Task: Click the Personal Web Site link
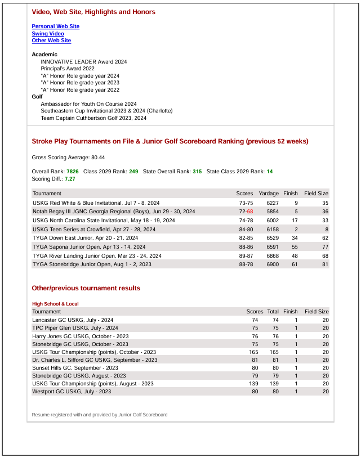click(55, 26)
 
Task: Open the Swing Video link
click(48, 34)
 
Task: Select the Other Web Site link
click(51, 41)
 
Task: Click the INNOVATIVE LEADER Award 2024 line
click(83, 61)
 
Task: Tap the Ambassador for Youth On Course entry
click(88, 104)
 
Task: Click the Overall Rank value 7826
click(73, 171)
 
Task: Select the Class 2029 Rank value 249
click(133, 171)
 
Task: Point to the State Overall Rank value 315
click(197, 171)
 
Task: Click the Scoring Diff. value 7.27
click(70, 178)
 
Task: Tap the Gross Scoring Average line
click(68, 158)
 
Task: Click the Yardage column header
click(269, 194)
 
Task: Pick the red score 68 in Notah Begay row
click(250, 212)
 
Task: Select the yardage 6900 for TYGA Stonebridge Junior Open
click(273, 264)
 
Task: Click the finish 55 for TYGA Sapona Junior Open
click(295, 247)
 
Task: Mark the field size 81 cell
click(325, 264)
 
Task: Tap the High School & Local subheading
click(55, 304)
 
